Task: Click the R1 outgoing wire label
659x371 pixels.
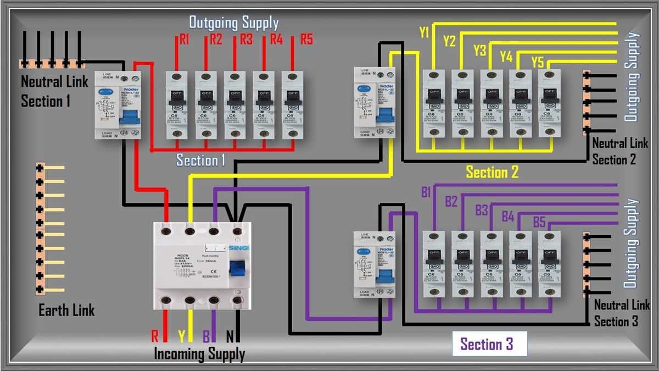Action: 184,40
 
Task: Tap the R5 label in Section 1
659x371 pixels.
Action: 306,40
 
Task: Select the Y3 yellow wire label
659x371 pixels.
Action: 479,51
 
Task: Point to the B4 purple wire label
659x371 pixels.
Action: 508,217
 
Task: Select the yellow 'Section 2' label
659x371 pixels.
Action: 492,172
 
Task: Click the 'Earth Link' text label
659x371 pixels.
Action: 66,311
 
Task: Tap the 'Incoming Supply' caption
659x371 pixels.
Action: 199,353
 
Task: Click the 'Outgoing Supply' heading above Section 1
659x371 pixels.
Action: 234,23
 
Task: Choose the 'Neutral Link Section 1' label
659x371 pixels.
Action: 53,91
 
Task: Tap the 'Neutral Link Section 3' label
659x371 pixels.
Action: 622,313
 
